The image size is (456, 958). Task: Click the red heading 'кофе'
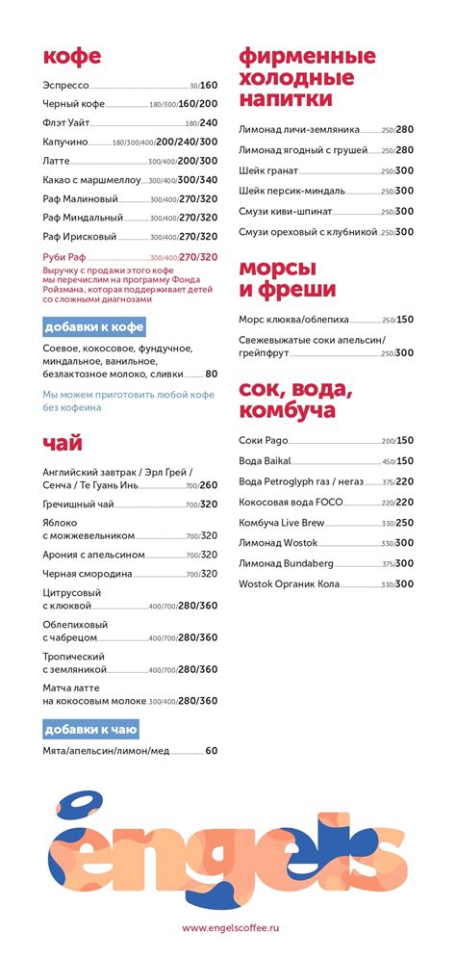[x=71, y=57]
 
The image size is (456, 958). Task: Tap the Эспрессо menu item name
[x=66, y=86]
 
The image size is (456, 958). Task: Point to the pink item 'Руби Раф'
[x=66, y=257]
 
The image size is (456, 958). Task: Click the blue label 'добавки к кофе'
[x=93, y=326]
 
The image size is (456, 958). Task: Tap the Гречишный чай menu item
[x=79, y=504]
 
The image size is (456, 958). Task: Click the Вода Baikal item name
[x=265, y=461]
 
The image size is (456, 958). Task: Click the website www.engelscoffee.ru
[x=230, y=927]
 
